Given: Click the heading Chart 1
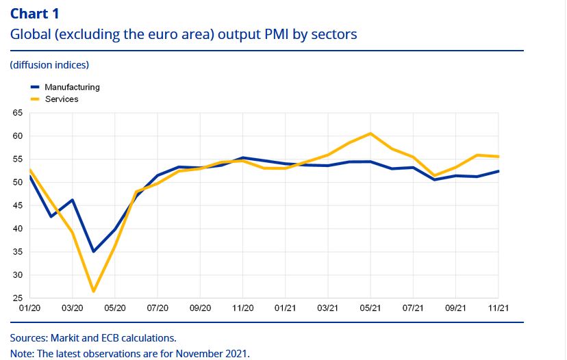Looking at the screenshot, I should click(39, 14).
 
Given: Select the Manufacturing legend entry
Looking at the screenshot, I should click(72, 87).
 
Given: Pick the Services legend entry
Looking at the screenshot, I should click(62, 99).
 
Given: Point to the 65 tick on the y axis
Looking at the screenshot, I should click(17, 112).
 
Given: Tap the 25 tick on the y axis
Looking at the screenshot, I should click(17, 298).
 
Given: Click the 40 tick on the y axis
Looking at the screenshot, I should click(17, 229).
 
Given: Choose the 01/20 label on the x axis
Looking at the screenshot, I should click(29, 309).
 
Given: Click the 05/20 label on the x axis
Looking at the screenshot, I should click(114, 309).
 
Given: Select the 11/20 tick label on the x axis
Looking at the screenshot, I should click(243, 309).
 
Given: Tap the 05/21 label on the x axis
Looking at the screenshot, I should click(370, 309).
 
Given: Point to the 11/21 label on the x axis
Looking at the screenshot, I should click(498, 309).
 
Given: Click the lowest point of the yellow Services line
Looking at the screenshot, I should click(93, 292).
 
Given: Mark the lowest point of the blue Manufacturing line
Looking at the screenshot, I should click(93, 251).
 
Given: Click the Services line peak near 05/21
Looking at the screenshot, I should click(370, 133).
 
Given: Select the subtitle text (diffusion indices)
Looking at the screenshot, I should click(49, 65).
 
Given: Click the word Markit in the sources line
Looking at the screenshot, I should click(64, 338).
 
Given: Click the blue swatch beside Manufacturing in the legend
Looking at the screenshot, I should click(36, 88).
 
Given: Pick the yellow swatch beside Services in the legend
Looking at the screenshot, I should click(36, 99).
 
